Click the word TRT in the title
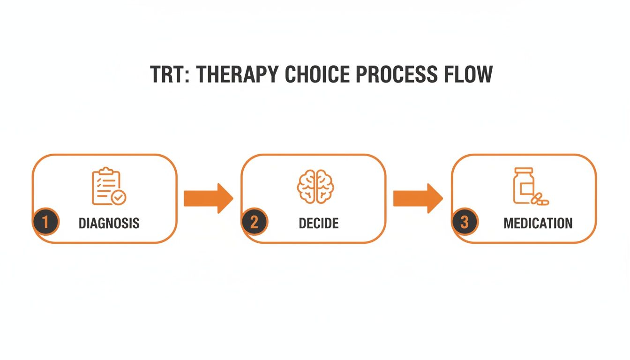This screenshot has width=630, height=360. [168, 75]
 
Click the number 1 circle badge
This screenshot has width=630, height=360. [45, 222]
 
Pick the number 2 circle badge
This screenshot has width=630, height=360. [254, 222]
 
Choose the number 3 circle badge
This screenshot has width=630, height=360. [464, 222]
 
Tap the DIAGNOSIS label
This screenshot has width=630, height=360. [109, 223]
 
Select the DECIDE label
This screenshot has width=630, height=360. [319, 223]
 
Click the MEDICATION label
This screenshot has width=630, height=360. [538, 223]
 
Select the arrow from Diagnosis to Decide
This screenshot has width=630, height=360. [208, 198]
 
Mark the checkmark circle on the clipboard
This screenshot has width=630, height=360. [119, 198]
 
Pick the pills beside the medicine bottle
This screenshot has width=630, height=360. [540, 199]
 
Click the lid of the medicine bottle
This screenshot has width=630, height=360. [524, 171]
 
